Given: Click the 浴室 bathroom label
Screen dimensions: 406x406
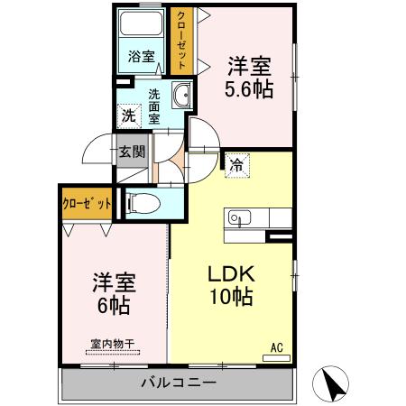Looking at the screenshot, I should [141, 57].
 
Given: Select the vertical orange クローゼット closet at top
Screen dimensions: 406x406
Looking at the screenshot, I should [182, 41].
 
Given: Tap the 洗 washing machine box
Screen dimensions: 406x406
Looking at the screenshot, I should [128, 115].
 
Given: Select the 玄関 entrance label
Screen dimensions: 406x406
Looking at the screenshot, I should [130, 152].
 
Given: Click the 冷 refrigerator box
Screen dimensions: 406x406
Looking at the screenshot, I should [237, 165].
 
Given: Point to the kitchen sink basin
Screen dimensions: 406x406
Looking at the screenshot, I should [239, 217].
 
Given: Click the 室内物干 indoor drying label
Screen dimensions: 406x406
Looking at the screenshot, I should [114, 344].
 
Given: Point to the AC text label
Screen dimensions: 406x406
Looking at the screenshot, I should [277, 345].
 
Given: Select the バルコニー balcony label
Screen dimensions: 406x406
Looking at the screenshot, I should [179, 383].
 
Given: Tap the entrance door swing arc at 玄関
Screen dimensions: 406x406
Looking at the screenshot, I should [97, 150].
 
